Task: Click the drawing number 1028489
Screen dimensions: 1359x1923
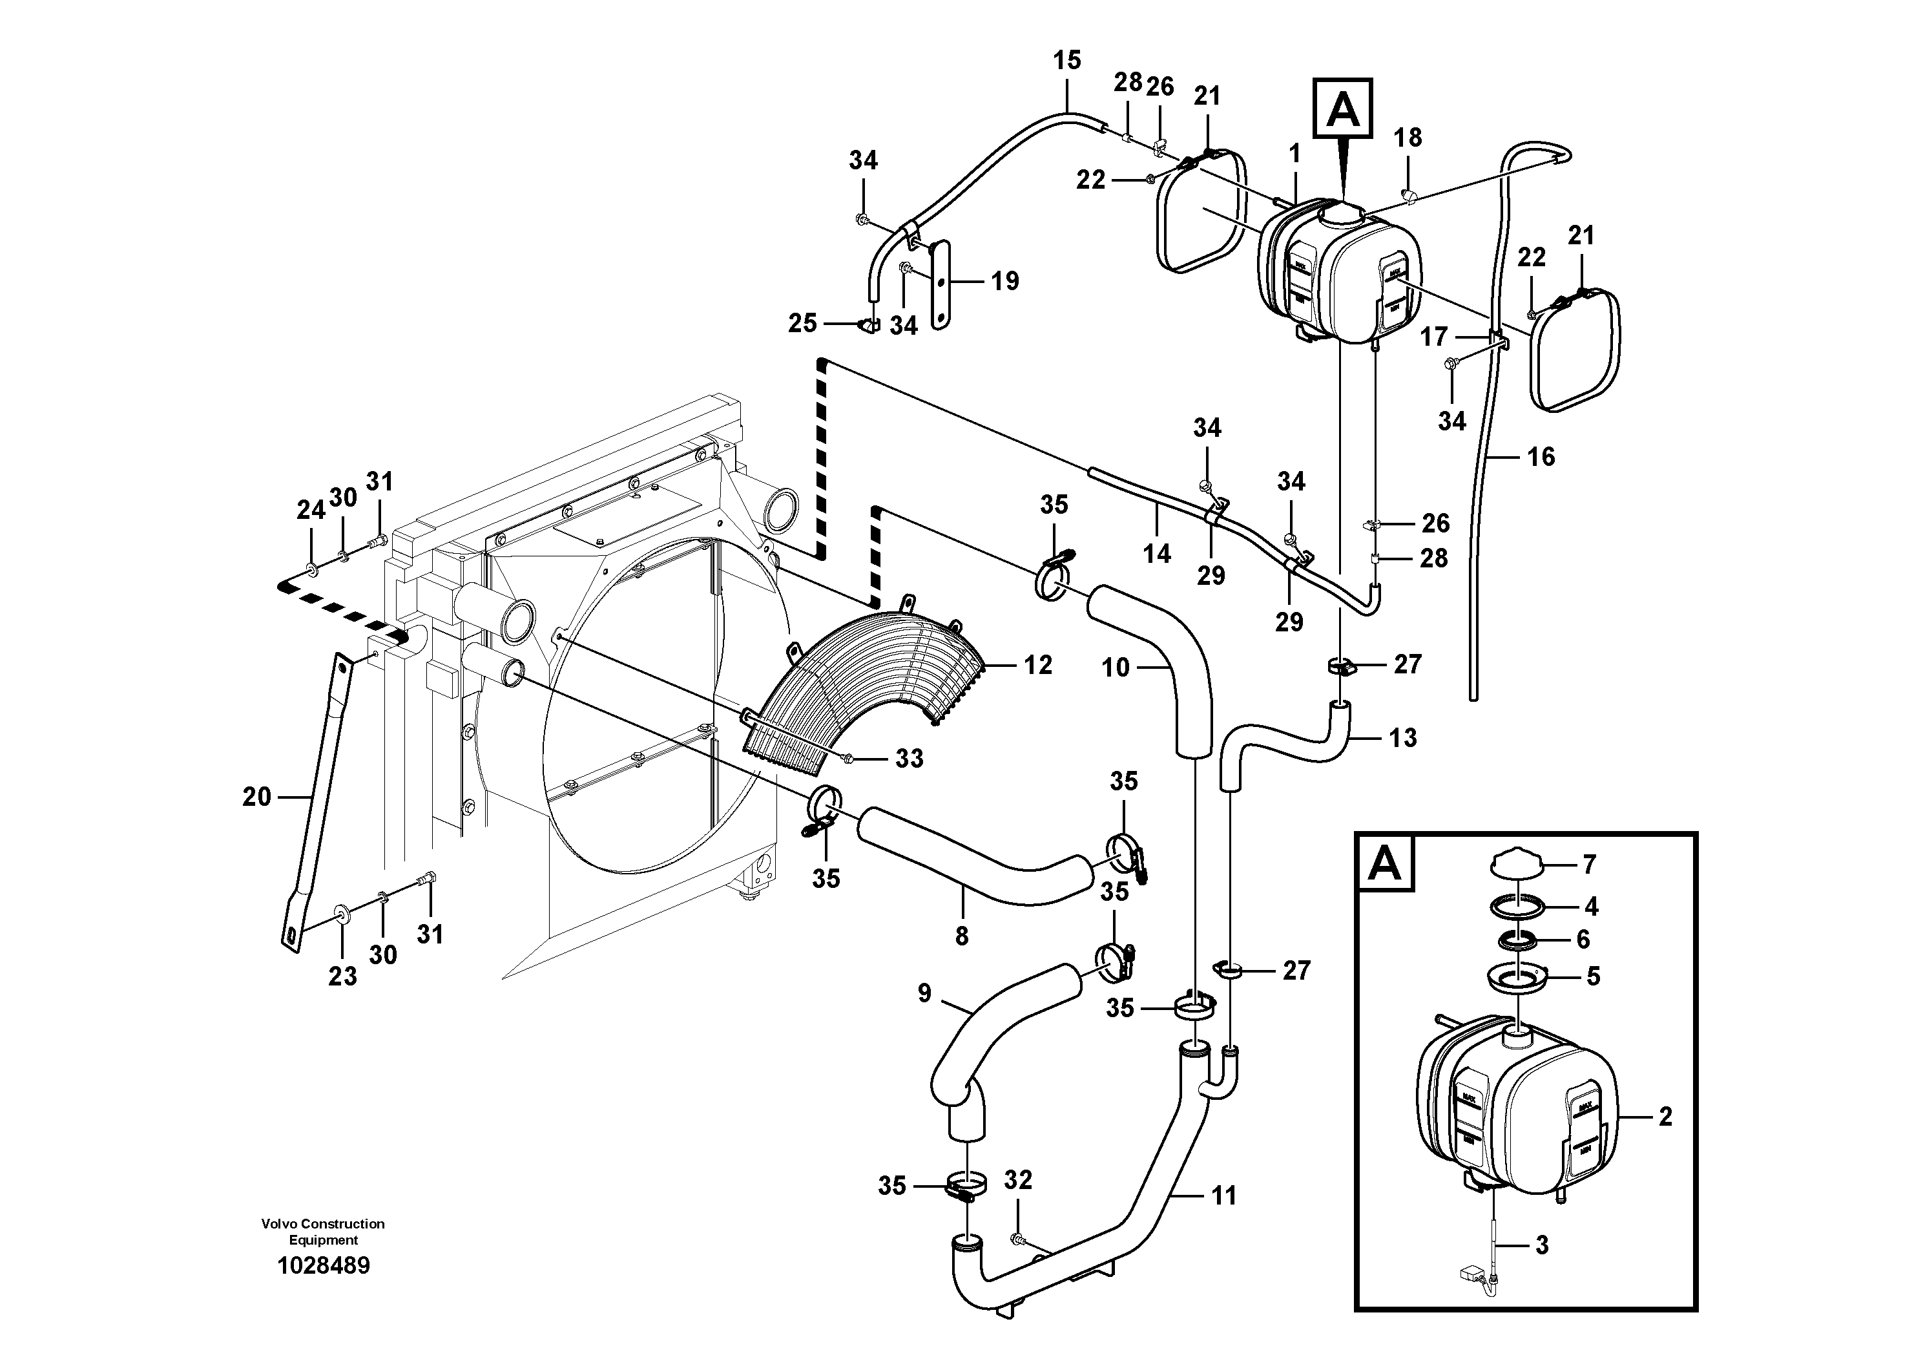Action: [323, 1265]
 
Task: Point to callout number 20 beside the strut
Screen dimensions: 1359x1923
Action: [256, 797]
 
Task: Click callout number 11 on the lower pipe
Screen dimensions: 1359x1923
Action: [1223, 1196]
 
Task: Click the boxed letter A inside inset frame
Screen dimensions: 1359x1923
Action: [1384, 863]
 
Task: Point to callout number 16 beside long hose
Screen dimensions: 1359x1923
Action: [1540, 457]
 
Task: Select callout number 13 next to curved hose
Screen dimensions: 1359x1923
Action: [1402, 738]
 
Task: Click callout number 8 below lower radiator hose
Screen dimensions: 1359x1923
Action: [961, 936]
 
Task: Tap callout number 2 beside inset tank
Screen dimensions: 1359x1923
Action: [1664, 1117]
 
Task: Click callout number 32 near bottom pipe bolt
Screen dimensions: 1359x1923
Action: [1017, 1181]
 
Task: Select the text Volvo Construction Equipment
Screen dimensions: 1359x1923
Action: [323, 1232]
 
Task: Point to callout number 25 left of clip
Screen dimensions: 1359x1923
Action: [802, 323]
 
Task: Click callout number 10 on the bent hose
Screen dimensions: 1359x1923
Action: [1116, 668]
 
